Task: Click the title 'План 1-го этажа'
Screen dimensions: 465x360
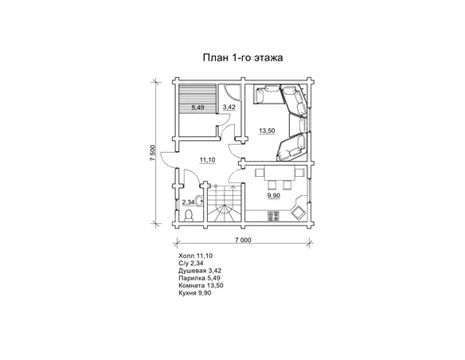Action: tap(243, 57)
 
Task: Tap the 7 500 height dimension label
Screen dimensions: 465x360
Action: tap(153, 153)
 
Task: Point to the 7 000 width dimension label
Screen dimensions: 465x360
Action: tap(243, 240)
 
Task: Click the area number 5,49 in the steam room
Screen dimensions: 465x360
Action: tap(197, 108)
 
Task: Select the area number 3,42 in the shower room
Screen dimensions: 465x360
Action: tap(229, 107)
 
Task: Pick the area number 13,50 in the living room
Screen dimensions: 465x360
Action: tap(267, 131)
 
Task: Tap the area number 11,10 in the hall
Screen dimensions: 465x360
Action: tap(207, 160)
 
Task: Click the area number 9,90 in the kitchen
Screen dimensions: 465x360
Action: tap(273, 196)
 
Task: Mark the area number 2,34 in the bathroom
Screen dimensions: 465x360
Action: tap(188, 202)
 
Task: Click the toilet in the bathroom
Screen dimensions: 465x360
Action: tap(189, 216)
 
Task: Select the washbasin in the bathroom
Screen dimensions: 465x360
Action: tap(200, 202)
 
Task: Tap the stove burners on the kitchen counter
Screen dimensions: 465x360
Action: tap(273, 216)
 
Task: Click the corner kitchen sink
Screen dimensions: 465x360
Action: tap(298, 213)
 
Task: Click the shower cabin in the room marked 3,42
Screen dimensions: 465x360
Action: tap(232, 92)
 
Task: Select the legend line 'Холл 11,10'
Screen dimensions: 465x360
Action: tap(195, 256)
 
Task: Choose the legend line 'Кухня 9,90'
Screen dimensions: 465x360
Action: tap(195, 293)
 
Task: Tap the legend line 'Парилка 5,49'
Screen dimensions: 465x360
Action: tap(199, 278)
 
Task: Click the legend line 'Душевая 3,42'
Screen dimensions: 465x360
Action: tap(200, 271)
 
